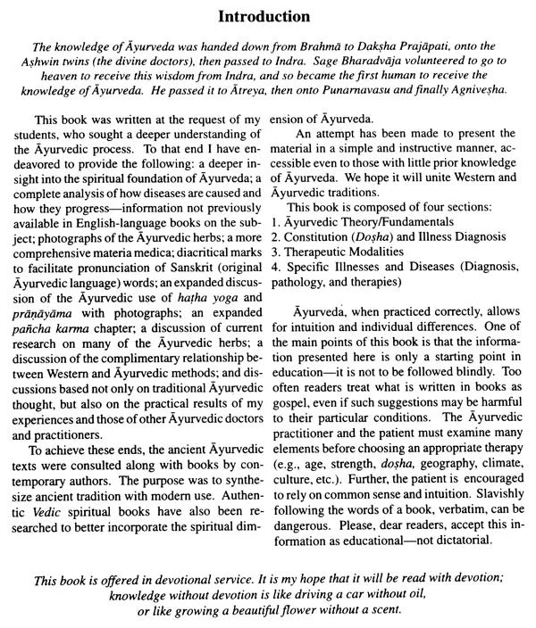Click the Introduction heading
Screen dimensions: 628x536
tap(268, 17)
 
